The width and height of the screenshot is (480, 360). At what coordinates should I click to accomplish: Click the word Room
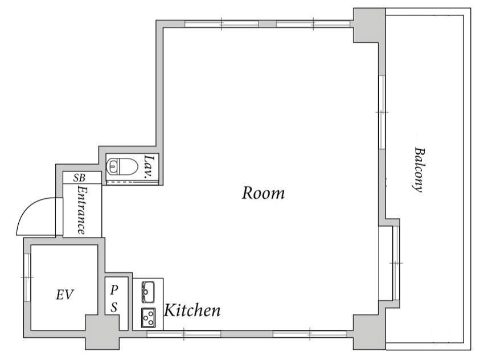pos(263,193)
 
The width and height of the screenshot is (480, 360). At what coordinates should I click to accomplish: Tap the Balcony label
pos(419,170)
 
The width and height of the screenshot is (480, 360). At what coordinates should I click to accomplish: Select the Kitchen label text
pos(192,310)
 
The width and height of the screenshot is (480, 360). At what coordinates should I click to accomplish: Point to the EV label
pos(65,294)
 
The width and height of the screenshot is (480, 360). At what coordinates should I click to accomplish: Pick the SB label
pos(79,178)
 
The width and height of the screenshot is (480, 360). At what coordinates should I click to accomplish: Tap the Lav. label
pos(149,167)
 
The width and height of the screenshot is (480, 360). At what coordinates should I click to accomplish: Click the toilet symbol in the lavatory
pos(120,166)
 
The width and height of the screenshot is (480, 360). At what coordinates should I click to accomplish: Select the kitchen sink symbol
pos(148,292)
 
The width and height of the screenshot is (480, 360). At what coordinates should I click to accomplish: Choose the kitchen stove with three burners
pos(148,318)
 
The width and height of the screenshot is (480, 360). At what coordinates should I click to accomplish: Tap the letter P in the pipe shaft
pos(114,289)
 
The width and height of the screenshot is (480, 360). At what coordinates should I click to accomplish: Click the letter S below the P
pos(114,307)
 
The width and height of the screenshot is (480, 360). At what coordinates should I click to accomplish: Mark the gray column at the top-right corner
pos(369,26)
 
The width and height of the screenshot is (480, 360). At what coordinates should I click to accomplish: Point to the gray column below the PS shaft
pos(102,332)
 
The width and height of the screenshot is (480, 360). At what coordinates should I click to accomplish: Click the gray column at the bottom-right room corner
pos(369,332)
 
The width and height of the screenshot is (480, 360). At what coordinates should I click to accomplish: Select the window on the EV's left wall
pos(27,277)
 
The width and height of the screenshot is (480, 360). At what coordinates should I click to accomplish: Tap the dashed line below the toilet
pos(132,182)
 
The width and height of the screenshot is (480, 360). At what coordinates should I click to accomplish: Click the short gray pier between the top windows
pos(268,24)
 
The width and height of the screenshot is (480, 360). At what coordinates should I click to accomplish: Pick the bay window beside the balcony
pos(389,263)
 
